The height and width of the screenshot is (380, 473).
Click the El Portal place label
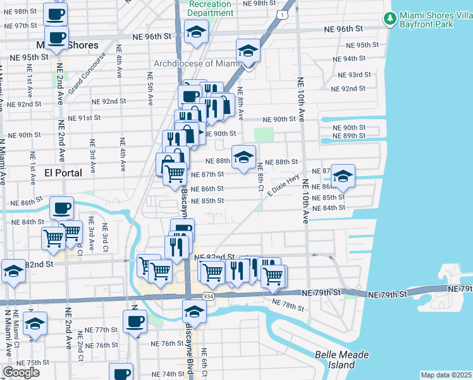coord(63,172)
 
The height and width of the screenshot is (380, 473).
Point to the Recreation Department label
coord(211,8)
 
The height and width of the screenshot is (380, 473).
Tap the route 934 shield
coord(207,296)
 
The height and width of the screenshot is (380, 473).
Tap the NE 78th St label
coord(288,306)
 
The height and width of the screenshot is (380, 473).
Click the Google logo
coord(21,372)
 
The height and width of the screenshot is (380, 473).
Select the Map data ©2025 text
coord(446,375)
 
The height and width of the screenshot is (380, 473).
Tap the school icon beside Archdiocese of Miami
coord(248,51)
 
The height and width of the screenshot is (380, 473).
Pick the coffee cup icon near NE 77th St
coord(135,321)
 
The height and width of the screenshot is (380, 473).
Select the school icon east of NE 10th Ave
coord(342,177)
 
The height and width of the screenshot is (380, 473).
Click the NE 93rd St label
coord(354,75)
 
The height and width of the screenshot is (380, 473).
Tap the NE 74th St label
coord(168,374)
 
